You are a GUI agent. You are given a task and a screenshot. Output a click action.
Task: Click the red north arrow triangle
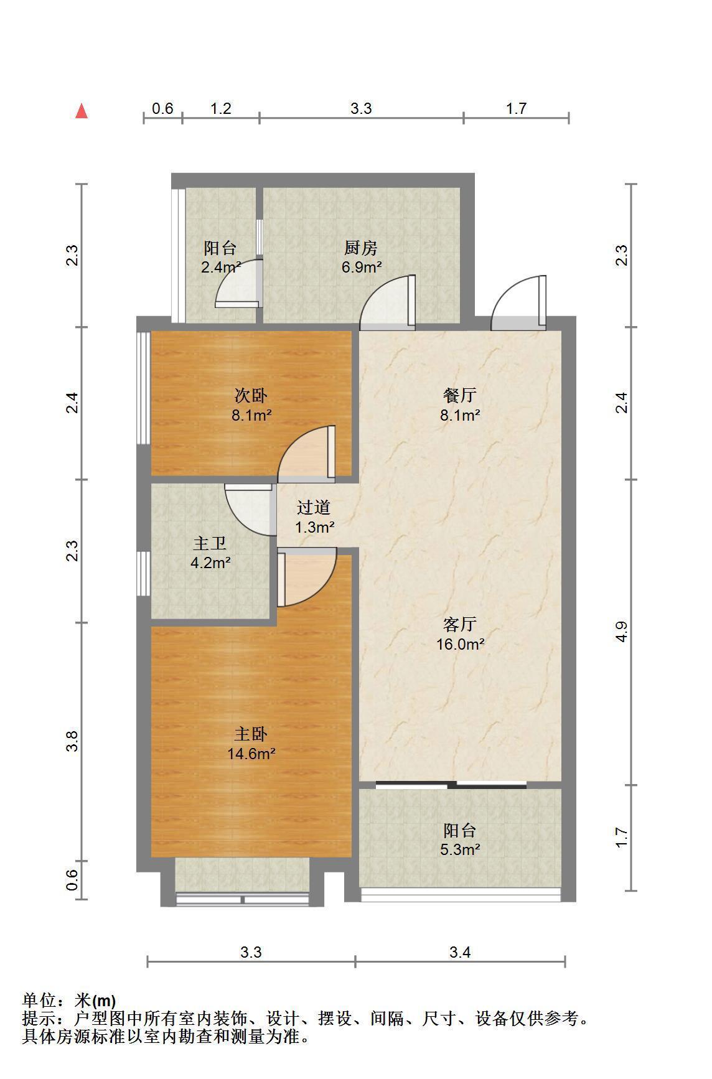click(x=82, y=111)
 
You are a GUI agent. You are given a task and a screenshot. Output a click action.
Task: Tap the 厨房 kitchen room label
click(x=361, y=248)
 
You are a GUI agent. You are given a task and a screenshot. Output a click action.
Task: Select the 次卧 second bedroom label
click(x=251, y=395)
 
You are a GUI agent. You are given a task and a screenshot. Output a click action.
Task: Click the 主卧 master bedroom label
click(x=251, y=734)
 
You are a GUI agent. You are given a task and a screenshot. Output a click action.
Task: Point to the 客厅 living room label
click(x=460, y=624)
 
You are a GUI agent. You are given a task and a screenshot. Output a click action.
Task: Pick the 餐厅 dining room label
click(x=460, y=395)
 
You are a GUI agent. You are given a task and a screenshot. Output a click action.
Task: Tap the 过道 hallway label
click(x=314, y=508)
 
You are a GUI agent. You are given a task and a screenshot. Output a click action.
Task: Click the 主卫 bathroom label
click(x=210, y=544)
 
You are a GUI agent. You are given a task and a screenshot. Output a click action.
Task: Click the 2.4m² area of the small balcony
click(x=221, y=268)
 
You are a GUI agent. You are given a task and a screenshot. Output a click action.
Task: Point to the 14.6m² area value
click(x=251, y=754)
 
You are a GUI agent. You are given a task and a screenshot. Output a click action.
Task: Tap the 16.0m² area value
click(x=460, y=644)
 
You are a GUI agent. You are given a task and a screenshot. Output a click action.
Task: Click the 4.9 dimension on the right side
click(x=621, y=632)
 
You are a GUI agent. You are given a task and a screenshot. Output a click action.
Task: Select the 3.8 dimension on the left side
click(x=72, y=741)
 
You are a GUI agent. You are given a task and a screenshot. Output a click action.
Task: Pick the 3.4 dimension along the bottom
click(x=460, y=952)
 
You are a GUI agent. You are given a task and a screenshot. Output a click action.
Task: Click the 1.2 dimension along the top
click(x=221, y=109)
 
